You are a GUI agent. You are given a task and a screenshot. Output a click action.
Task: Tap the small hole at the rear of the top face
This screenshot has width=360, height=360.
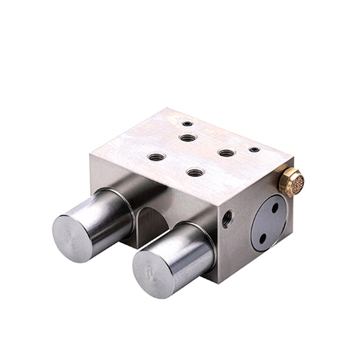[x=187, y=123]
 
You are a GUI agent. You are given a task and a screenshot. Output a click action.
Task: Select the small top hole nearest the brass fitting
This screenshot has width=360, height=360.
[x=254, y=149]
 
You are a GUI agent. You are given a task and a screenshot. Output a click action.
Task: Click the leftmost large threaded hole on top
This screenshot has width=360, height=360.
[x=156, y=157]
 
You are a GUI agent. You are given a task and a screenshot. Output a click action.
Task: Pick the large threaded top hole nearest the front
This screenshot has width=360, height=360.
[x=195, y=172]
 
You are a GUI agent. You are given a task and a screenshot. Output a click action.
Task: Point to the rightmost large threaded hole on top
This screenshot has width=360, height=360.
[x=226, y=153]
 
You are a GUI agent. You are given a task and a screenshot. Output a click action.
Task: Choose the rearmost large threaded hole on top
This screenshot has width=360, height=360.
[x=188, y=138]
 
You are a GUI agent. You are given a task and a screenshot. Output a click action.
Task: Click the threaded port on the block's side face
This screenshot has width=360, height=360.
[x=226, y=218]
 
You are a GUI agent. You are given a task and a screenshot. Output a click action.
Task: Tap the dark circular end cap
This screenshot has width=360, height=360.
[x=268, y=223]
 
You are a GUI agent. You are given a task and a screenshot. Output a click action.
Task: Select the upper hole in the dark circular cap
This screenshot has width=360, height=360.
[x=275, y=208]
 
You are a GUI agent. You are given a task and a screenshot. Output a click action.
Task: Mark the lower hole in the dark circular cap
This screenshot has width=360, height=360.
[x=262, y=238]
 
